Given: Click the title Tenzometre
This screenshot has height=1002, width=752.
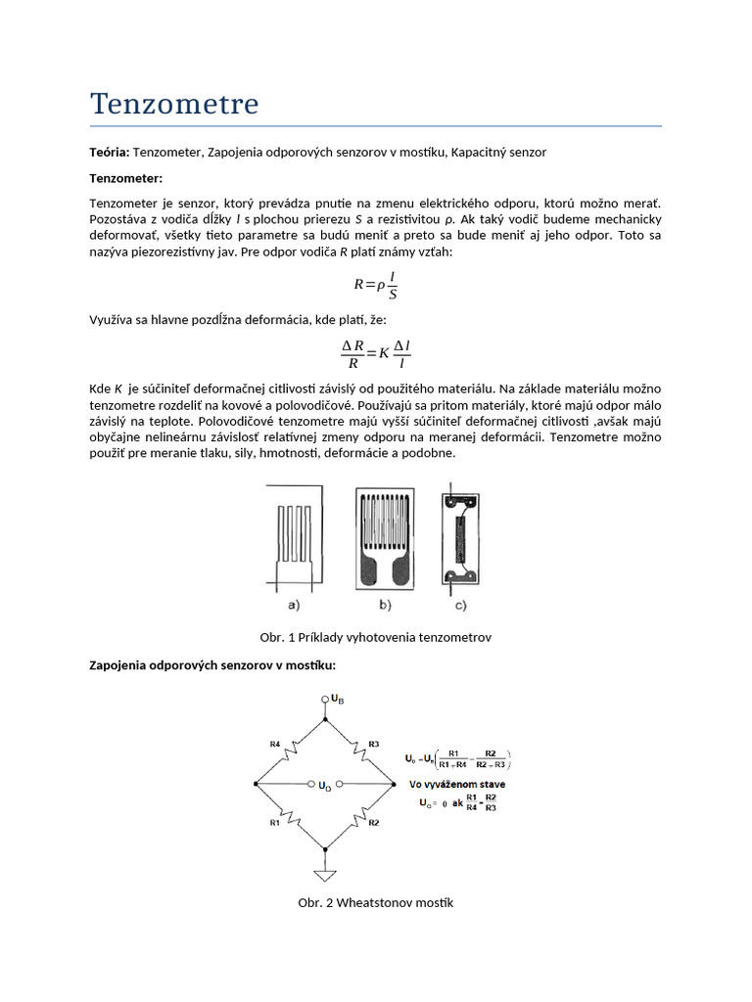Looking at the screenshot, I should coord(174,104).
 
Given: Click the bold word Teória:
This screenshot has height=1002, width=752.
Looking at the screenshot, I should coord(109,154).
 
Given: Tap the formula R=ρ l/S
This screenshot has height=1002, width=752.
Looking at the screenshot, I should coord(375,286).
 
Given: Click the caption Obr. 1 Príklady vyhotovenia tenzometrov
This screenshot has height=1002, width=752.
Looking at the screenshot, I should coord(375,637).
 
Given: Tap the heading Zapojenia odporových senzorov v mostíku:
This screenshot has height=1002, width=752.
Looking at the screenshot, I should coord(212,665).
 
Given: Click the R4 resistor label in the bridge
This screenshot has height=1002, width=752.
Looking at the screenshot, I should coord(275,744).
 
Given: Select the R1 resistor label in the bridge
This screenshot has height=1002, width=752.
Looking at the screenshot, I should coord(275,823).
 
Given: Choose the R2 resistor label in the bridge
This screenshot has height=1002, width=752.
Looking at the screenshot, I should coord(373,823).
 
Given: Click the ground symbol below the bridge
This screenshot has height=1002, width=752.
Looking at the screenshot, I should coord(324,875).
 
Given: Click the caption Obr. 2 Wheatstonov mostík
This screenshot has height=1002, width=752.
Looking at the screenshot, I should coord(375,902).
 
